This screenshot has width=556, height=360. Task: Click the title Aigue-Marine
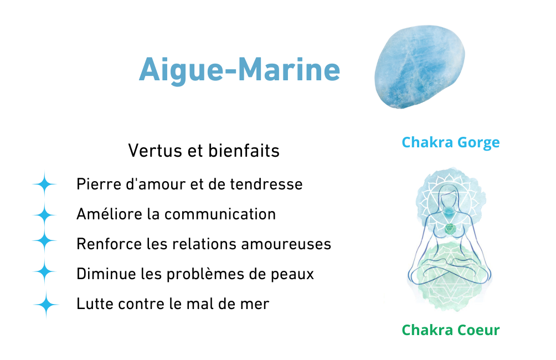click(239, 70)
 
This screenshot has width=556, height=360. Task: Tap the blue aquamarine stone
click(420, 66)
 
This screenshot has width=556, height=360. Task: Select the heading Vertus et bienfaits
click(204, 151)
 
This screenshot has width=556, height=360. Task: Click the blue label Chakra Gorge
click(451, 142)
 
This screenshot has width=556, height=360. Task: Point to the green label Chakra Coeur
click(451, 330)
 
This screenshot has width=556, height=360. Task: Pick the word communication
click(220, 214)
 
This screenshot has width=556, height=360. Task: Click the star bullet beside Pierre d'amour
click(44, 184)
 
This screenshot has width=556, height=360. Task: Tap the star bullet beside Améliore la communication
click(44, 215)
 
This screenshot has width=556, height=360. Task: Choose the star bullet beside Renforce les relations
click(44, 240)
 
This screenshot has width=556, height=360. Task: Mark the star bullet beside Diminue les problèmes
click(44, 272)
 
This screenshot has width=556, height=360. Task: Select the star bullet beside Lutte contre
click(46, 304)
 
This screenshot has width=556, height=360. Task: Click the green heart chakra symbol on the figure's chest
click(450, 229)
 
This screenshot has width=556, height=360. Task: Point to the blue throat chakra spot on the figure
click(449, 212)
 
